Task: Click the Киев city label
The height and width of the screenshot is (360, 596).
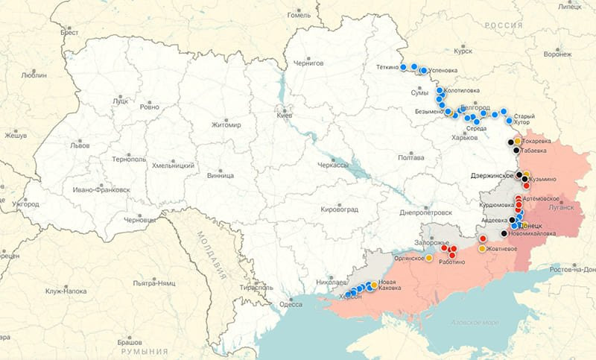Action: [285, 116]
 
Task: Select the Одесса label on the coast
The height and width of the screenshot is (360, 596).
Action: [291, 303]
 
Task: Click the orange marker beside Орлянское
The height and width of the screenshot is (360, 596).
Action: [429, 259]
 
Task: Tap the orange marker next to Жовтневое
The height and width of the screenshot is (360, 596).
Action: [482, 248]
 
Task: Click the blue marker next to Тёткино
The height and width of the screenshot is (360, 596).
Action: [403, 66]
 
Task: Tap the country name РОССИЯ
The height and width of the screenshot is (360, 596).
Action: [501, 25]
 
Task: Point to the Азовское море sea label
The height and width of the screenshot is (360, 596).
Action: [480, 322]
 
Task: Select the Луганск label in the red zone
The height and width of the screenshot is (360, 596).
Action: [562, 209]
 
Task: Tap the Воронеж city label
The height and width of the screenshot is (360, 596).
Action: [557, 54]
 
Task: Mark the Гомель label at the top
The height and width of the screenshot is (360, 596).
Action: [299, 15]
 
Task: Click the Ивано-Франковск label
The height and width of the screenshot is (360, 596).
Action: [101, 190]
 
